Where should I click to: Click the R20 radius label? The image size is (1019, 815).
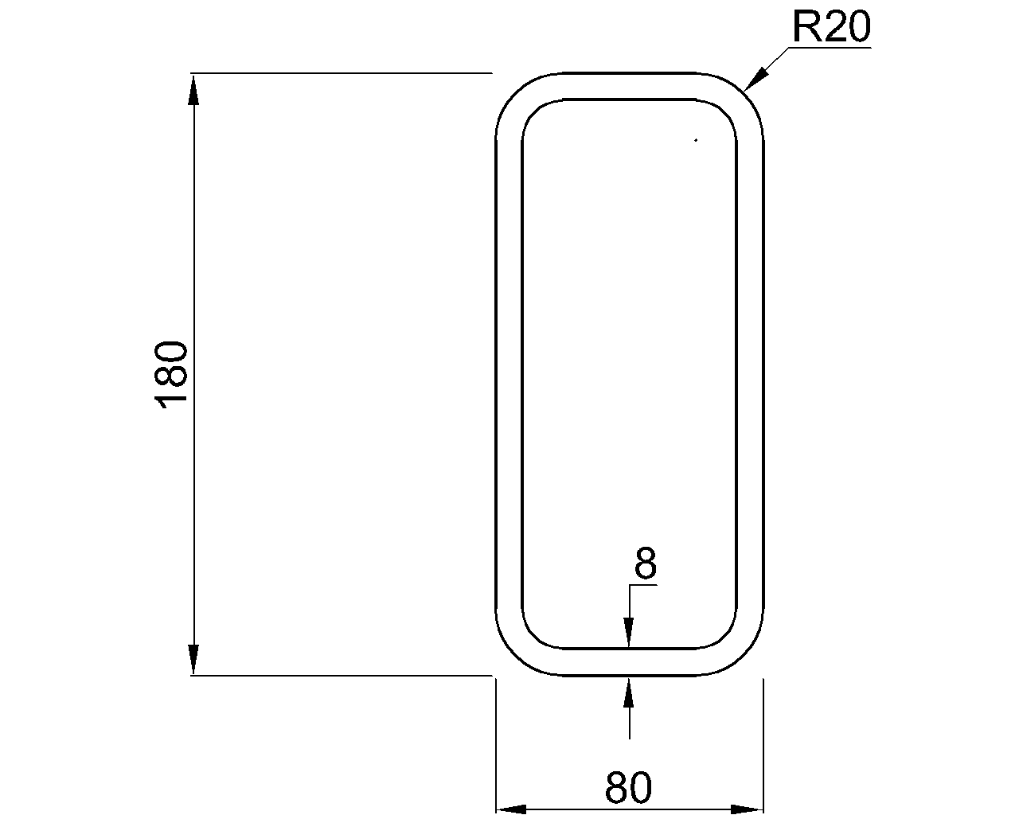tap(831, 28)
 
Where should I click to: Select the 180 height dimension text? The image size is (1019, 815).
tap(172, 374)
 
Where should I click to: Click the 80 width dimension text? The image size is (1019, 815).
tap(628, 788)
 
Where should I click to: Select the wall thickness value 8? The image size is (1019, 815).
tap(645, 564)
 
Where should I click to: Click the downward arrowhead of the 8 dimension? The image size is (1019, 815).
tap(629, 634)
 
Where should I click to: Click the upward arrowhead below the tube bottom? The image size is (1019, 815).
tap(629, 691)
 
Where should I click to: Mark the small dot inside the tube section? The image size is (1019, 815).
tap(696, 141)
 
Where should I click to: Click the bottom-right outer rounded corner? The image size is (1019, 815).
tap(745, 657)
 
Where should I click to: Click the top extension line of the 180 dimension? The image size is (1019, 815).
tap(342, 73)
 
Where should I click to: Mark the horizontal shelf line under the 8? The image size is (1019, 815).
tap(642, 585)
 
